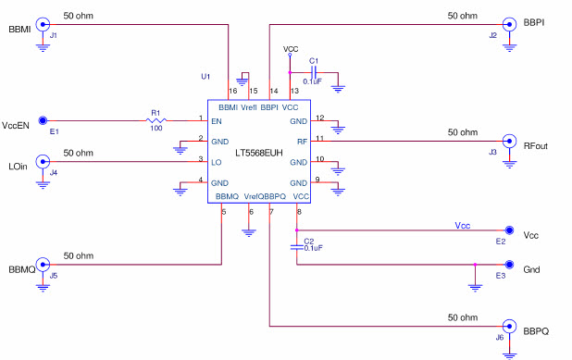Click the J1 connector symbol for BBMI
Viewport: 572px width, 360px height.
[x=43, y=26]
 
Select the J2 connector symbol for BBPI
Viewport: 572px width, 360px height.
[x=508, y=25]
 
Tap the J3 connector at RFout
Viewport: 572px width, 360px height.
[x=508, y=142]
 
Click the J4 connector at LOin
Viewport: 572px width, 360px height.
[x=43, y=161]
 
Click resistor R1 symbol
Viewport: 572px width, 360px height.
[x=156, y=119]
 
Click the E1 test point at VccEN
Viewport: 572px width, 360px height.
[x=52, y=120]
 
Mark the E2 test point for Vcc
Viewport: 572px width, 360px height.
[x=508, y=230]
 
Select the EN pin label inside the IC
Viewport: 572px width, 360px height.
[x=217, y=121]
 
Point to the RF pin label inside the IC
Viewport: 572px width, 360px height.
[x=302, y=141]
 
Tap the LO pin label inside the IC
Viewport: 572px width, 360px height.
[x=217, y=161]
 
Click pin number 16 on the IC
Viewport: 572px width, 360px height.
[x=232, y=91]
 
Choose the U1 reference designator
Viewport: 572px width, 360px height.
[x=205, y=76]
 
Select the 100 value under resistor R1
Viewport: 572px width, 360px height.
[x=156, y=130]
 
